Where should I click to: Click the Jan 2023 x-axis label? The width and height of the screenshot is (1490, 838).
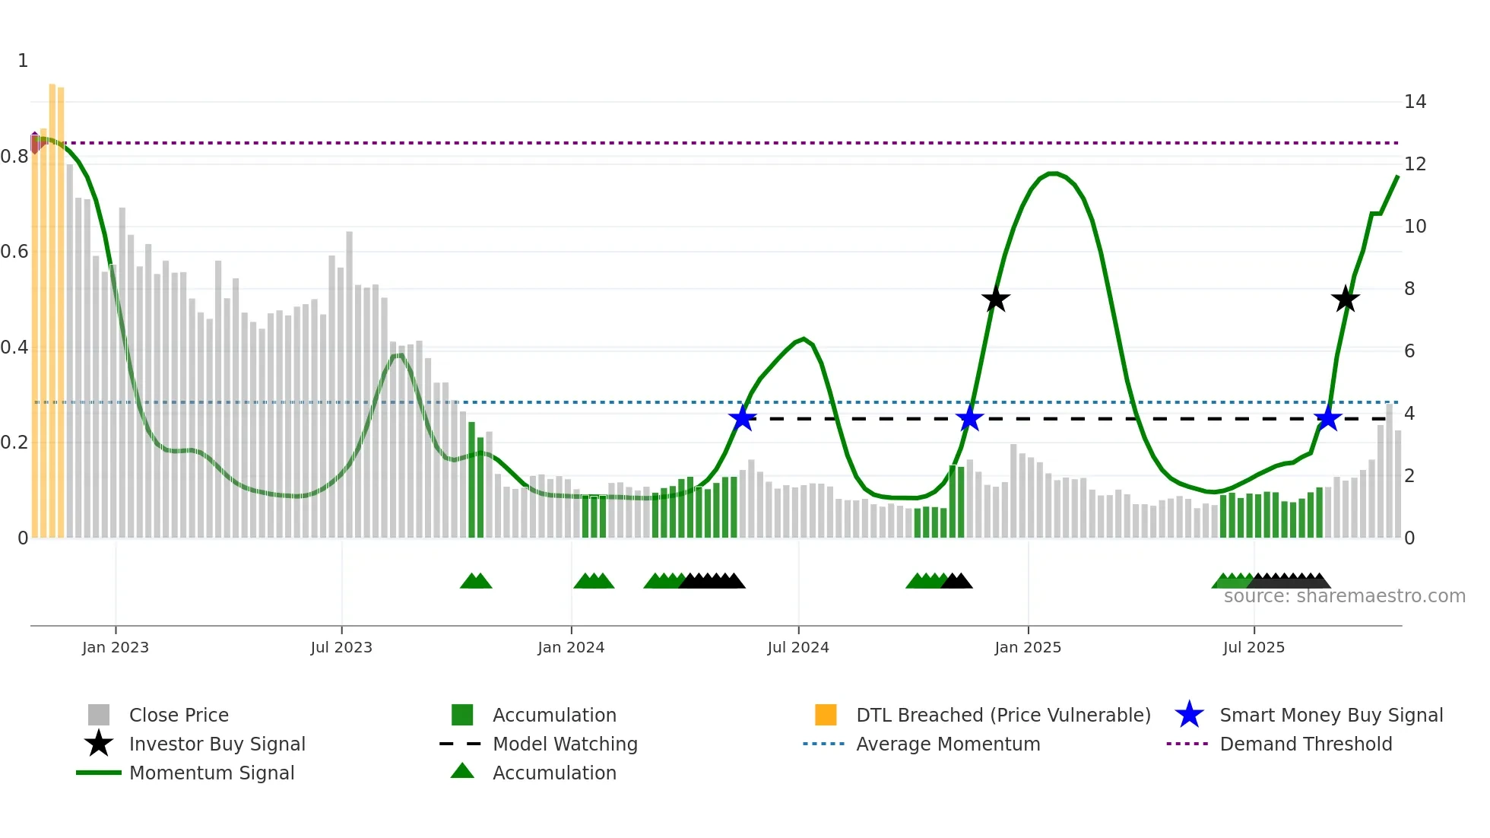116,648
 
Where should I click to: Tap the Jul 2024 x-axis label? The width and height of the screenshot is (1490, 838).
797,648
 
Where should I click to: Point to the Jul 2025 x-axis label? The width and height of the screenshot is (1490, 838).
1254,648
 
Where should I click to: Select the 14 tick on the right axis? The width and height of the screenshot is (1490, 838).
1415,102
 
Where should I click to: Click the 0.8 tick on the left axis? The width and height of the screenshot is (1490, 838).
15,157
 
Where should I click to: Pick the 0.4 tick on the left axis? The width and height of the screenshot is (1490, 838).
15,348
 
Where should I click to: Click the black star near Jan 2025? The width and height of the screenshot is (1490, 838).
995,300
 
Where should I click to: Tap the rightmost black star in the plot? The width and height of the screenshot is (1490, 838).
1345,300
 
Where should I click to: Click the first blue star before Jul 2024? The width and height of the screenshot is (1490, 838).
742,418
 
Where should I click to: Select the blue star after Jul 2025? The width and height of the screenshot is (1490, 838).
1327,418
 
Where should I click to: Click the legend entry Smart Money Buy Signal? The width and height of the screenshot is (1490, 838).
1330,716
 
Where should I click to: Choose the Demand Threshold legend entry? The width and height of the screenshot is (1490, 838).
1305,744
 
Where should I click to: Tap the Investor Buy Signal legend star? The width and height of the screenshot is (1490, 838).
99,744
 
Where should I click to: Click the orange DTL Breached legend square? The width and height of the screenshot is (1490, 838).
826,715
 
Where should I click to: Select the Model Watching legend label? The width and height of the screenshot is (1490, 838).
565,744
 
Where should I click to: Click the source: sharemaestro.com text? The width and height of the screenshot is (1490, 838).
1344,596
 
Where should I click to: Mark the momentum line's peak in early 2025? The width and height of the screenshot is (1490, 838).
1053,173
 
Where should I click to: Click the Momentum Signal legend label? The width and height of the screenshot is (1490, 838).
211,773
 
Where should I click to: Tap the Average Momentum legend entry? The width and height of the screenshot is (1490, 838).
947,744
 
